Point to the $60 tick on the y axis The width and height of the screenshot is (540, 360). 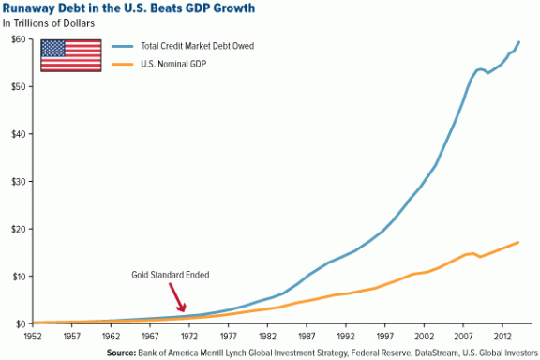pyautogui.click(x=19, y=38)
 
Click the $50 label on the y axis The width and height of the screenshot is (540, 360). pyautogui.click(x=19, y=86)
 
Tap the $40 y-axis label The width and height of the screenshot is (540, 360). pyautogui.click(x=19, y=134)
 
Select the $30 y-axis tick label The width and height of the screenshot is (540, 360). pyautogui.click(x=19, y=181)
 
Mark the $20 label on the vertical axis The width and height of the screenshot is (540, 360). pyautogui.click(x=19, y=229)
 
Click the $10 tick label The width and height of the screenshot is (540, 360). pyautogui.click(x=19, y=276)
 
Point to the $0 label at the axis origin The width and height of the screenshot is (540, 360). pyautogui.click(x=21, y=323)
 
